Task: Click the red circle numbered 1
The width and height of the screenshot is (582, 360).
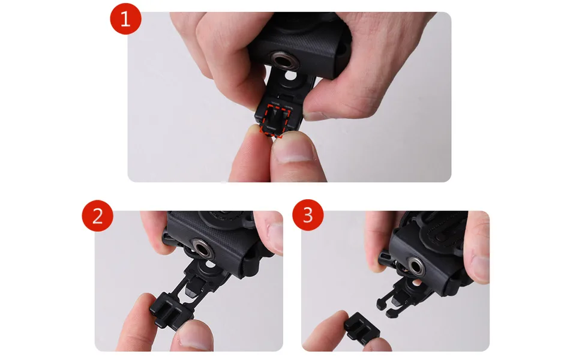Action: pyautogui.click(x=125, y=19)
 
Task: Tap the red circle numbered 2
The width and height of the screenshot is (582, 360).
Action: pyautogui.click(x=97, y=215)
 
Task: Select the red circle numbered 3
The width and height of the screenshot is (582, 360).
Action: pyautogui.click(x=308, y=215)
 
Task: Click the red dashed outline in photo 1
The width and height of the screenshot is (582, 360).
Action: pyautogui.click(x=275, y=121)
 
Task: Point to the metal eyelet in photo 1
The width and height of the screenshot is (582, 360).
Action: pyautogui.click(x=284, y=60)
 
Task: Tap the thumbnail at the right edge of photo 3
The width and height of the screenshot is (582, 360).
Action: pyautogui.click(x=481, y=262)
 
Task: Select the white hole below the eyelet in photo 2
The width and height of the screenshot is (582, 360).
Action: pyautogui.click(x=210, y=264)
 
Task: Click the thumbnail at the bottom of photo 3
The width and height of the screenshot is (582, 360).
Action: pyautogui.click(x=378, y=345)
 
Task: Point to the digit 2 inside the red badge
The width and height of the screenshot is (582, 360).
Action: pyautogui.click(x=97, y=216)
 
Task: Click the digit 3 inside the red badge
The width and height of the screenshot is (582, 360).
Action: pyautogui.click(x=308, y=215)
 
